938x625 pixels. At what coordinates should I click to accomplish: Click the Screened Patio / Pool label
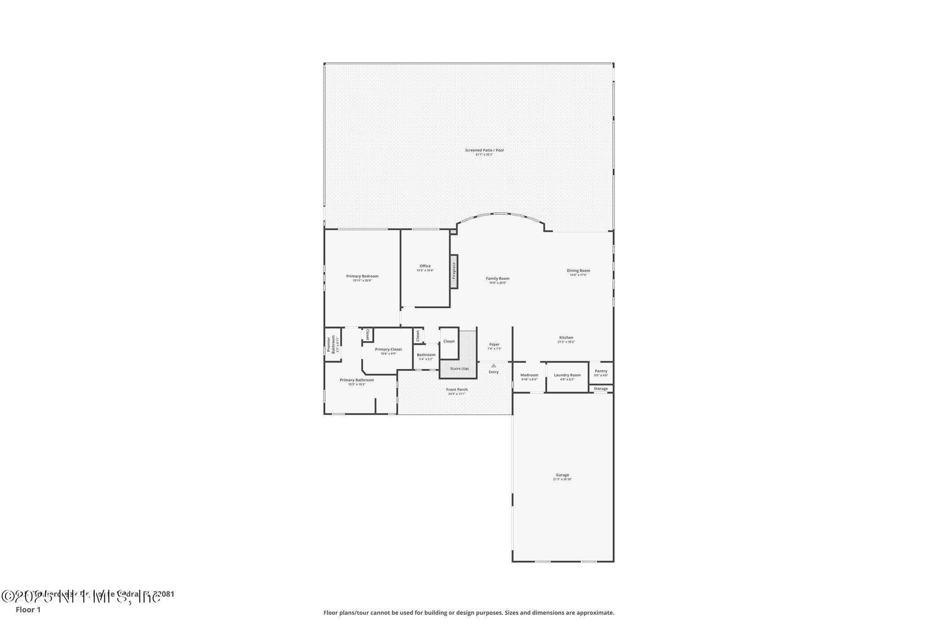484,150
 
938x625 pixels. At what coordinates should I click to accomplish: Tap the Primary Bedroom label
362,276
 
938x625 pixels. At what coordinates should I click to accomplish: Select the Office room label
425,266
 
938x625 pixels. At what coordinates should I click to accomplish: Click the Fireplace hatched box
454,271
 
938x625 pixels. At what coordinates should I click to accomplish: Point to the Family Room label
497,278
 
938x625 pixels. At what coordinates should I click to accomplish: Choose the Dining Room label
578,271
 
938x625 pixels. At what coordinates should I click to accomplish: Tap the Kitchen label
566,338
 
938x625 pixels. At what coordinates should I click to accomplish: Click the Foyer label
494,344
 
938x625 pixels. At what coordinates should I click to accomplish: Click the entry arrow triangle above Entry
494,365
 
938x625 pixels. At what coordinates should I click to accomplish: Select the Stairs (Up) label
459,369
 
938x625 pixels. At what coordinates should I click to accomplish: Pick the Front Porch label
457,390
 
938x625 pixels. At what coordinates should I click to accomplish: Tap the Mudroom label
529,375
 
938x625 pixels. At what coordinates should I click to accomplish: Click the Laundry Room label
567,375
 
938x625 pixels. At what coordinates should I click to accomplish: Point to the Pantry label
601,371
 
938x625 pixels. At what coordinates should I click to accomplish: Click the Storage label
601,389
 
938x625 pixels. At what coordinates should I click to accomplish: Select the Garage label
562,475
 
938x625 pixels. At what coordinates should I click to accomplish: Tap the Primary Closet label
388,349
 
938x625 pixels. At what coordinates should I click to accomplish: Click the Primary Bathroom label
357,380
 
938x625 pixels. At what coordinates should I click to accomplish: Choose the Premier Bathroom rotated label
331,345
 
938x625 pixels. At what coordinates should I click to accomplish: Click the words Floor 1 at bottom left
28,610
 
